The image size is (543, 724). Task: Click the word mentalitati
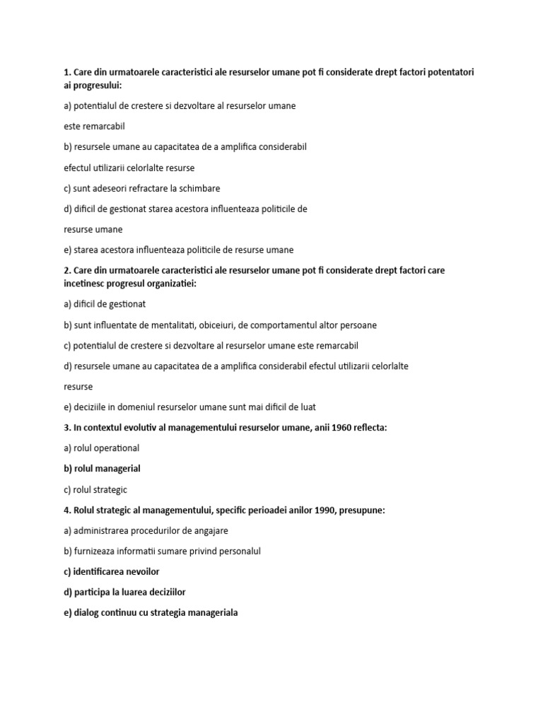point(181,325)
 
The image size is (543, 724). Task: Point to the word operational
point(114,448)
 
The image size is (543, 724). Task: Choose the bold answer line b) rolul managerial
point(102,468)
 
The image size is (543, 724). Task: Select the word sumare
point(187,551)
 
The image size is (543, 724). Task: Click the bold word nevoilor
point(145,571)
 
